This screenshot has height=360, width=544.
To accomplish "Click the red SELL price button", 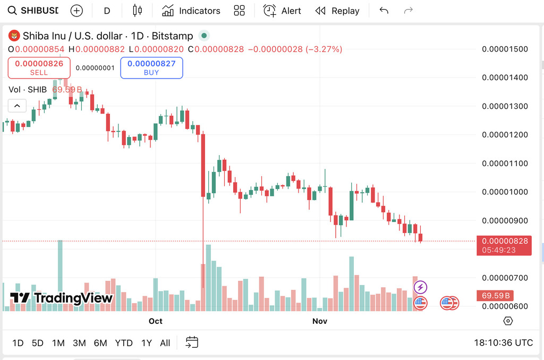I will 39,67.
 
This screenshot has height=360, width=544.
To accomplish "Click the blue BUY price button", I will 151,67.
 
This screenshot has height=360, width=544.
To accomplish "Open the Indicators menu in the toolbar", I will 191,11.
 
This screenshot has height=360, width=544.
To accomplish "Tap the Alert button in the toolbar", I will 282,11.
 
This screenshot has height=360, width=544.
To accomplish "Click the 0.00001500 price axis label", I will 505,49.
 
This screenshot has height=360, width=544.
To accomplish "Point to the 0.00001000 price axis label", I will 505,192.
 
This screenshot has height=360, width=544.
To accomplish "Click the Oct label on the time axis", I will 156,321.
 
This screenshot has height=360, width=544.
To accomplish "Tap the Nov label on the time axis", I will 320,321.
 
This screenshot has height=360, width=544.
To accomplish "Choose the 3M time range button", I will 79,343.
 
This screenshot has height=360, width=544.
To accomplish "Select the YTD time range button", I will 124,343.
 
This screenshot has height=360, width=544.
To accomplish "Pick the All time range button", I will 165,343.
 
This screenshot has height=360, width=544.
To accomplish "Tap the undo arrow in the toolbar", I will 384,11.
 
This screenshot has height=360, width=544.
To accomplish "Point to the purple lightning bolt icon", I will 421,288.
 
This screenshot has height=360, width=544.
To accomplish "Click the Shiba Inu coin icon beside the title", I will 14,36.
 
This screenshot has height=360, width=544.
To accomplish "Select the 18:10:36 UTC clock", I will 503,343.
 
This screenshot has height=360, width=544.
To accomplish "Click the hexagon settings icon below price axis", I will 508,321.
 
